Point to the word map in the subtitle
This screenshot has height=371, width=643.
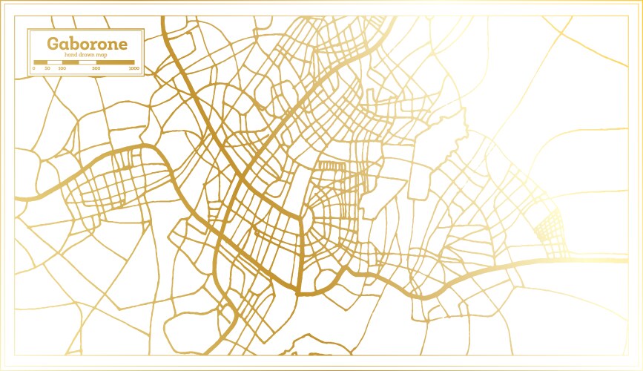pos(102,55)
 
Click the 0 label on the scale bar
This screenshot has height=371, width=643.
pos(33,68)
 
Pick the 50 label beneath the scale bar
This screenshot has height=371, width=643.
pos(47,68)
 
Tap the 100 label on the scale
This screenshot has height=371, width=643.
pos(62,68)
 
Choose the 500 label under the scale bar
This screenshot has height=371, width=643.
pos(96,68)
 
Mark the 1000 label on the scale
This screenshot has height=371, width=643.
pos(133,68)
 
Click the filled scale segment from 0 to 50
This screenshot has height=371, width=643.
pos(41,62)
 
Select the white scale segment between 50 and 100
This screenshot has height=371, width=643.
pos(55,62)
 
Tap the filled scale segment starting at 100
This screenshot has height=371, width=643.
pos(71,62)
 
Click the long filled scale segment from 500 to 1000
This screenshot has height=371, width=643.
pos(116,62)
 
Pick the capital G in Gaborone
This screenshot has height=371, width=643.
pos(53,43)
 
